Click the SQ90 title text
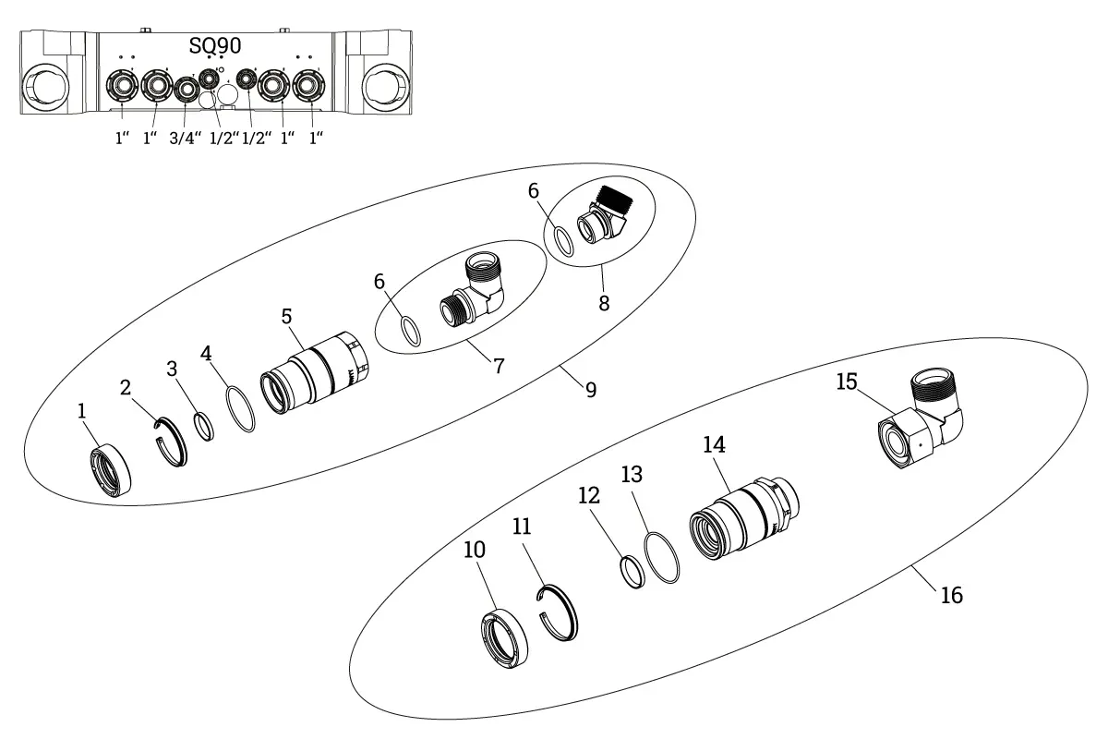215,46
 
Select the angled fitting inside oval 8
601,216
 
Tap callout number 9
590,389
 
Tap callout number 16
951,595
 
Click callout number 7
499,366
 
